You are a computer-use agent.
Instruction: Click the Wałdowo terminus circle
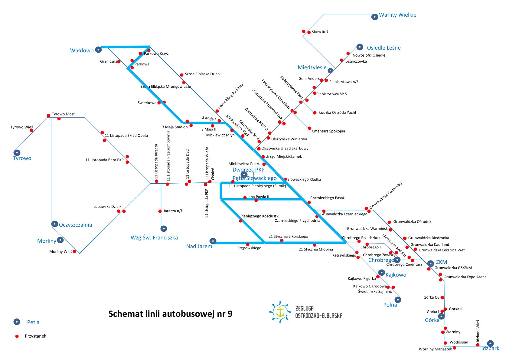[x=98, y=50]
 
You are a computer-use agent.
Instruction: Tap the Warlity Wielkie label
[x=397, y=15]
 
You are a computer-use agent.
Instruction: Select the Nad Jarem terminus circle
[x=213, y=241]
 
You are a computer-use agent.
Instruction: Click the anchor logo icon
[x=280, y=312]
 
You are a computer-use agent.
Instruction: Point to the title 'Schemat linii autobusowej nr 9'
[x=170, y=314]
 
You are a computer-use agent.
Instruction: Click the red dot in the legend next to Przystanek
[x=17, y=336]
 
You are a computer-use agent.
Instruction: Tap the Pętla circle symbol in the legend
[x=17, y=322]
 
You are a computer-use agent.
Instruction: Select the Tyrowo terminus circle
[x=17, y=153]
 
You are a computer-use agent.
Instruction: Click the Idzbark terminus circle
[x=490, y=343]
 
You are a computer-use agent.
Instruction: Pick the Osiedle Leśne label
[x=383, y=48]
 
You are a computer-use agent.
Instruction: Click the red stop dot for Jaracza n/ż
[x=160, y=211]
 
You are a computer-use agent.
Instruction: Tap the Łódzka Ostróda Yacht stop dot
[x=315, y=113]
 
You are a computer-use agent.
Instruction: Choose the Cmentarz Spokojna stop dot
[x=309, y=128]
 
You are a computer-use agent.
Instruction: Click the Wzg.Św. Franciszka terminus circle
[x=164, y=228]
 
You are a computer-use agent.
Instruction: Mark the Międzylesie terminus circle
[x=331, y=70]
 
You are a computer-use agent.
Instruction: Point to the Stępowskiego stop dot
[x=248, y=244]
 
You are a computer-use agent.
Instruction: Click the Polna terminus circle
[x=398, y=299]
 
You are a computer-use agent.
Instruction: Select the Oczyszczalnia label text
[x=75, y=225]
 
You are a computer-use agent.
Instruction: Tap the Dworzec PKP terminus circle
[x=244, y=175]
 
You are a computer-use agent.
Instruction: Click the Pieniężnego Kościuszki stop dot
[x=241, y=221]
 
